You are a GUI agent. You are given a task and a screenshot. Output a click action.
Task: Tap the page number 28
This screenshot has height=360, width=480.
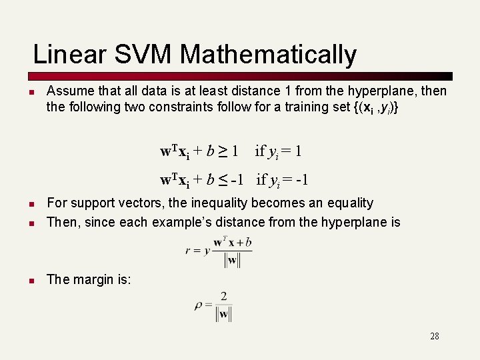[x=435, y=336]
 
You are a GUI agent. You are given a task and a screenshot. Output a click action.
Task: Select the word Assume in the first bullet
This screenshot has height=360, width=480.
[x=68, y=91]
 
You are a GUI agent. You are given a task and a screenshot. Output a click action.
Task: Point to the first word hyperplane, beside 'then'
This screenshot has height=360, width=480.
[x=383, y=91]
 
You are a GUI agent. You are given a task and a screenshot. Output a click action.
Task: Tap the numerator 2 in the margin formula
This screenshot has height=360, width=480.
[x=223, y=296]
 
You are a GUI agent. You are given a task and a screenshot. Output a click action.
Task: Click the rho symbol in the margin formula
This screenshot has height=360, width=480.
[x=199, y=305]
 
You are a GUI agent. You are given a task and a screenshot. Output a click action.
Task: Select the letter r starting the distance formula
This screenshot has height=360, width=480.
[x=187, y=251]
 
